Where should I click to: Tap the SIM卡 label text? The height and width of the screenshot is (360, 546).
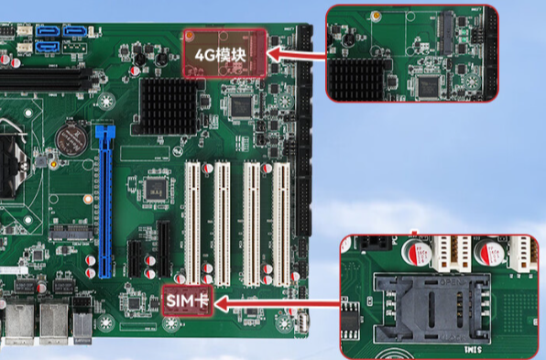tap(189, 300)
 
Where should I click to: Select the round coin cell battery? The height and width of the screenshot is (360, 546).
tap(70, 139)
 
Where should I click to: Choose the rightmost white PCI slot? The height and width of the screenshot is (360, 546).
tap(280, 221)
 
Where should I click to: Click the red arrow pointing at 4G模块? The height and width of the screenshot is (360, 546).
tap(297, 55)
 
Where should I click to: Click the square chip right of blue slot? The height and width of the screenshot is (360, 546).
tap(155, 190)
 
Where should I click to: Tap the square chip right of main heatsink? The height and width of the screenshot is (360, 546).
tap(241, 105)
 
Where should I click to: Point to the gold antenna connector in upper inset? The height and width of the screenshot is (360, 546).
tap(376, 16)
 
